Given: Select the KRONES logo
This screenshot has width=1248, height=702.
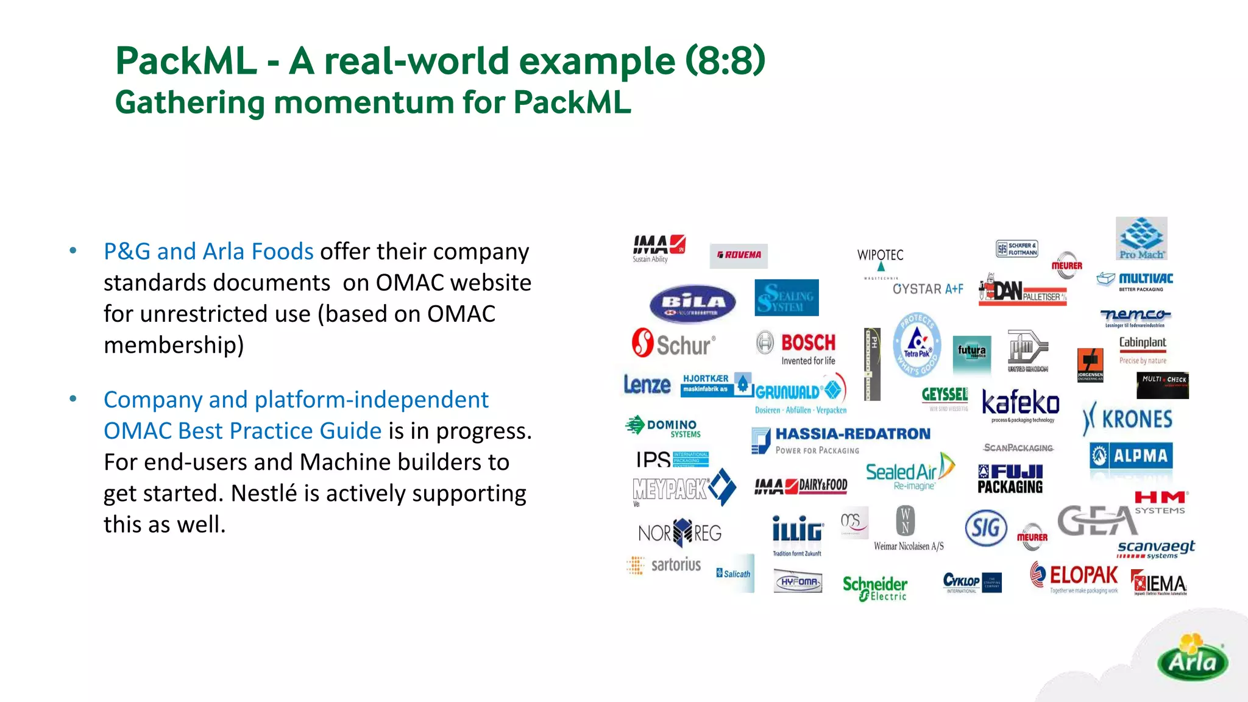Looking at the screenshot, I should pos(1127,419).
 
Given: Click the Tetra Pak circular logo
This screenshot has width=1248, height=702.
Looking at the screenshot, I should pos(916,345).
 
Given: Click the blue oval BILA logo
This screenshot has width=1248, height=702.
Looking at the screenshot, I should pos(693,303).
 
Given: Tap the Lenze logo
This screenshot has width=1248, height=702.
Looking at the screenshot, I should pos(647,385).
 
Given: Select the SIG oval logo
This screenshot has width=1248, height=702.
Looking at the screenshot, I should pos(986,527).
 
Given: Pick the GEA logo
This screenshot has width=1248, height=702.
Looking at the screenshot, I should pos(1097,521).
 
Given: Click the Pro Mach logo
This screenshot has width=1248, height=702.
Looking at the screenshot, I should pos(1141,238).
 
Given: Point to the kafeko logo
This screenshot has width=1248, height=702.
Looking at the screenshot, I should pos(1021,405).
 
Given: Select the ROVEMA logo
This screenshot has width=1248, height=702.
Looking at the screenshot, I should pos(739,255).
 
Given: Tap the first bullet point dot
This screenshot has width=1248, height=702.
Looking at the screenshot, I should pos(73,250).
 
